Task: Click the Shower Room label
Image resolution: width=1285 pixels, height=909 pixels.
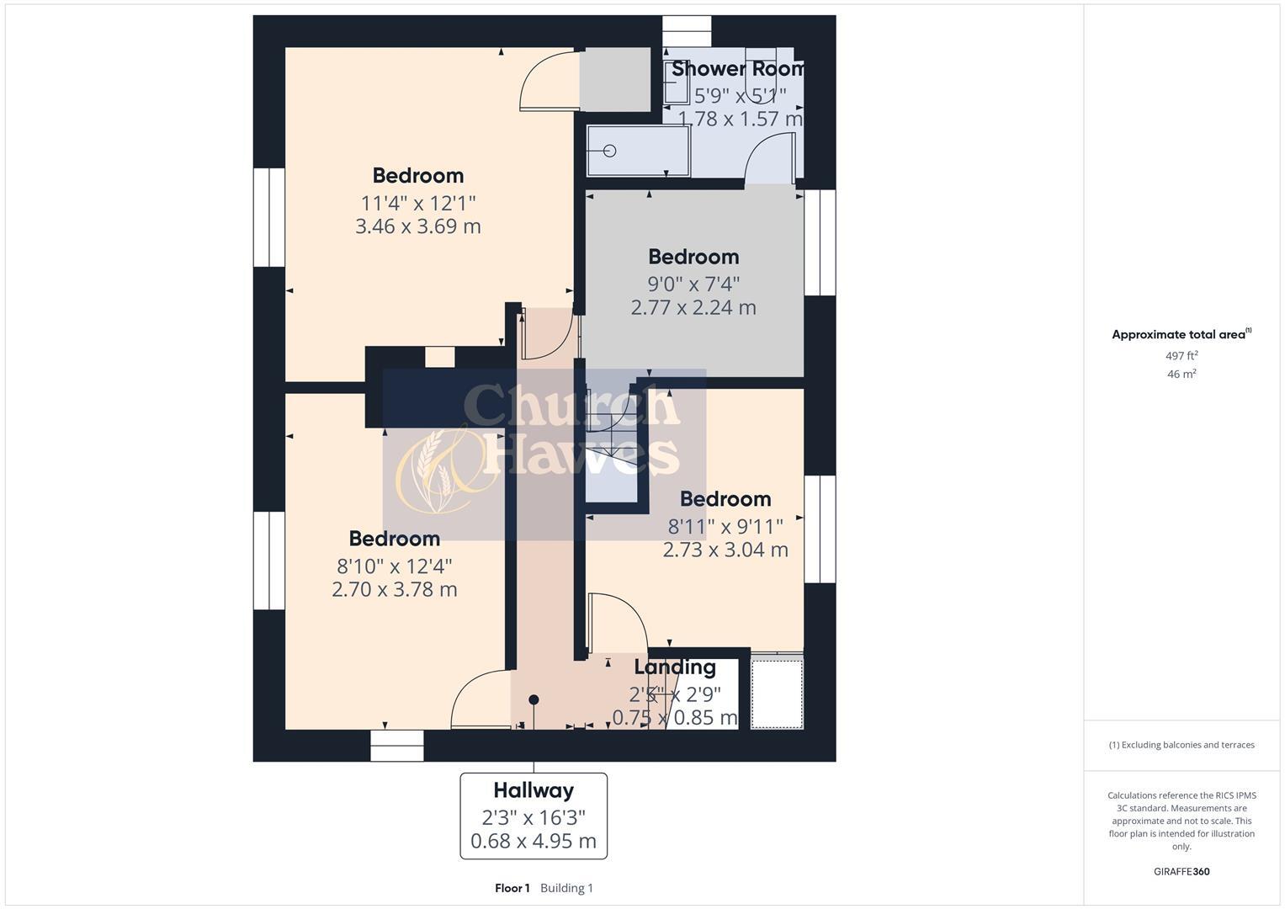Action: coord(738,69)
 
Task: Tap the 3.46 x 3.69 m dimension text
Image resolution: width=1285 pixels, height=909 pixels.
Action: coord(418,226)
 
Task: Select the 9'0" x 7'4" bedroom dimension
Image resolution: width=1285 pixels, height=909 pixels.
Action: coord(693,284)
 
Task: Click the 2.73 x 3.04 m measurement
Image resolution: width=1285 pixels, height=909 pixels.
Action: coord(725,550)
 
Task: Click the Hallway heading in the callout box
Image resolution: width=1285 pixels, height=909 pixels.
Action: coord(534,790)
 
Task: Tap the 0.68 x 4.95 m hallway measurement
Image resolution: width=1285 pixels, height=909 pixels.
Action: coord(534,841)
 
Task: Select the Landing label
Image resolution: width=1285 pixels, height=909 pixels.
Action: coord(675,667)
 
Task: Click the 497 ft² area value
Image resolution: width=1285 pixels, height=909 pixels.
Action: coord(1181,356)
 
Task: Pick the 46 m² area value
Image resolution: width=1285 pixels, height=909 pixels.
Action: coord(1181,375)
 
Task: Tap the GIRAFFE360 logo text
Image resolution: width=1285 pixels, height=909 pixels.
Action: coord(1181,872)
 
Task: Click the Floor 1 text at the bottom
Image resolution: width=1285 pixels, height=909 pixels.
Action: coord(512,888)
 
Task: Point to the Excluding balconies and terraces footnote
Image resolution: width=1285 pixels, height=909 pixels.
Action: coord(1181,745)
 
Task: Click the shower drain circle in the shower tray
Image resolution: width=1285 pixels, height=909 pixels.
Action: coord(610,151)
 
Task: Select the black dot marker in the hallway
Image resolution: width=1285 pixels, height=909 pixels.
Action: coord(534,699)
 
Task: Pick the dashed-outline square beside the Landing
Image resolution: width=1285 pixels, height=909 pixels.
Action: coord(777,694)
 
